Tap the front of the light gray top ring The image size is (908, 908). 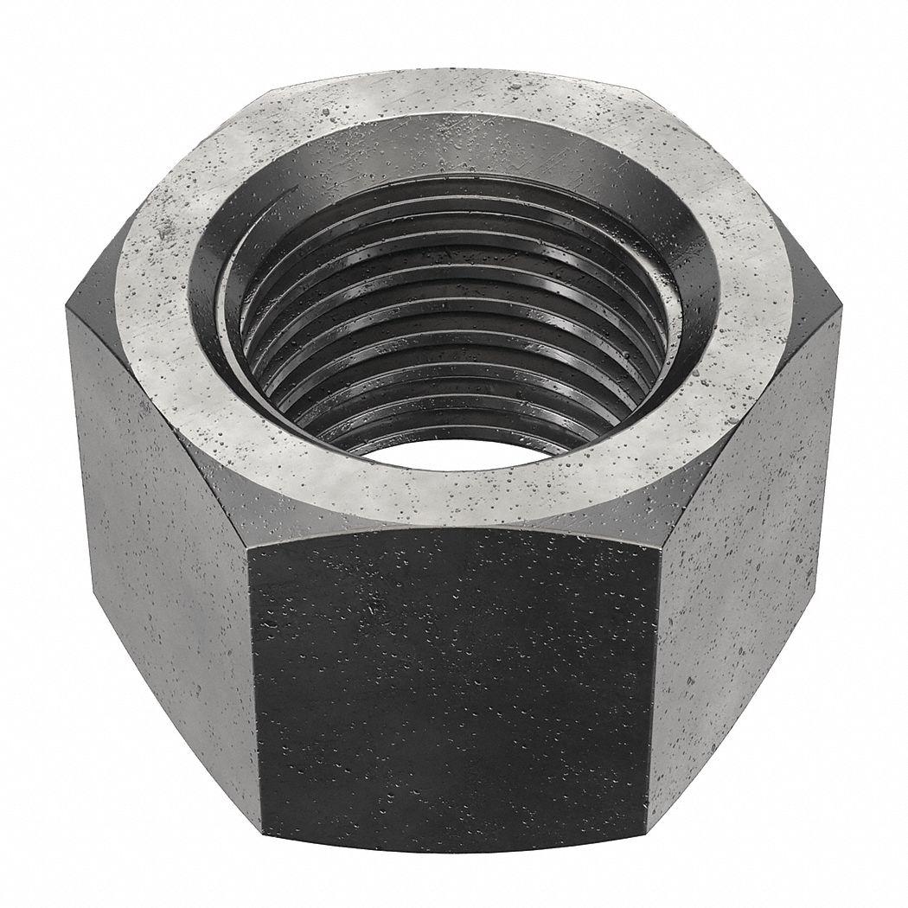click(450, 502)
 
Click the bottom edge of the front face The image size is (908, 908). click(450, 852)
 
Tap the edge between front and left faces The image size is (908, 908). click(253, 692)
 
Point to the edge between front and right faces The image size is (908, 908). click(653, 692)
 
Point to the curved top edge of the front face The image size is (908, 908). click(450, 529)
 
